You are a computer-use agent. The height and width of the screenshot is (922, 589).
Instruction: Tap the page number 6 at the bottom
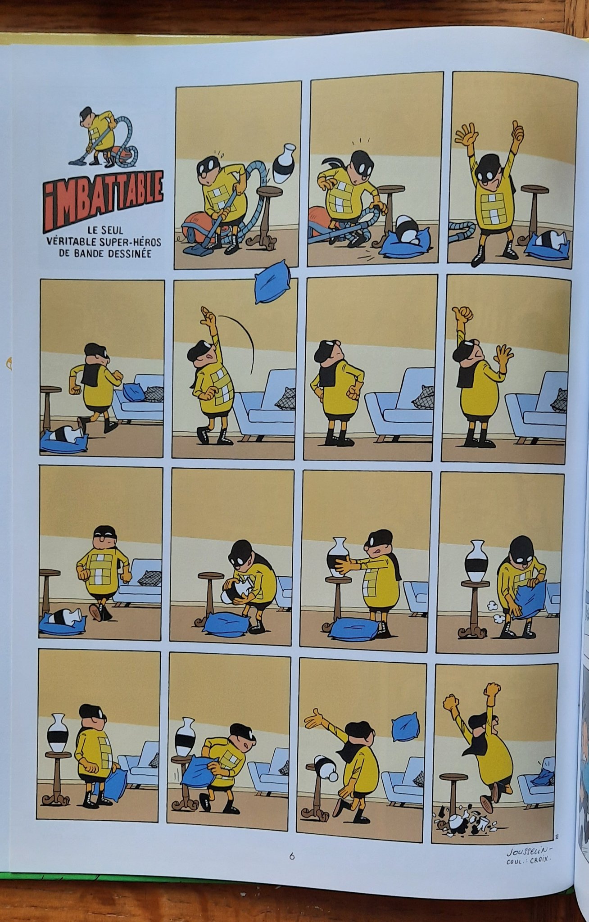pos(291,856)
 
